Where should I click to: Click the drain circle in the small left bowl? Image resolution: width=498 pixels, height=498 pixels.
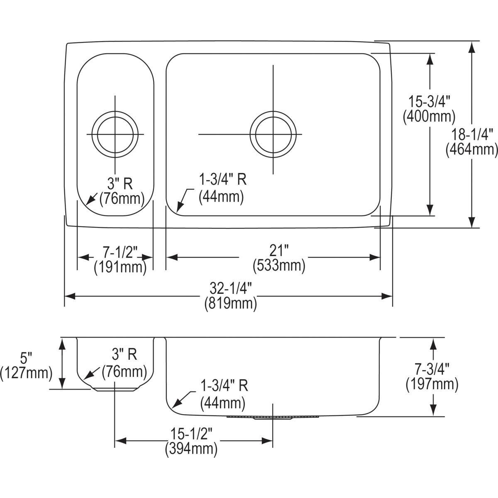115,134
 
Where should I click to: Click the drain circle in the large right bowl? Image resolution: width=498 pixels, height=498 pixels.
273,134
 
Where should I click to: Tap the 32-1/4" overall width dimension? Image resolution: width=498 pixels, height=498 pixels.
231,287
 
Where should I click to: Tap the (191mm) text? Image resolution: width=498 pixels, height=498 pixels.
120,267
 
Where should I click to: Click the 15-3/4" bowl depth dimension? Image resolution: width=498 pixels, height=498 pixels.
429,100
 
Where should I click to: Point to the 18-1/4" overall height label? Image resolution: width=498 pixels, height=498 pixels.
471,133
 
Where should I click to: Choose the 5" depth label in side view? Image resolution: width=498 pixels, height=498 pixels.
26,356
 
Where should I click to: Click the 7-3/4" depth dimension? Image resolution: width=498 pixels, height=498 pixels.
432,368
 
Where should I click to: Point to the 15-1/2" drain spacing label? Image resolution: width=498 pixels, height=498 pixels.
192,433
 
